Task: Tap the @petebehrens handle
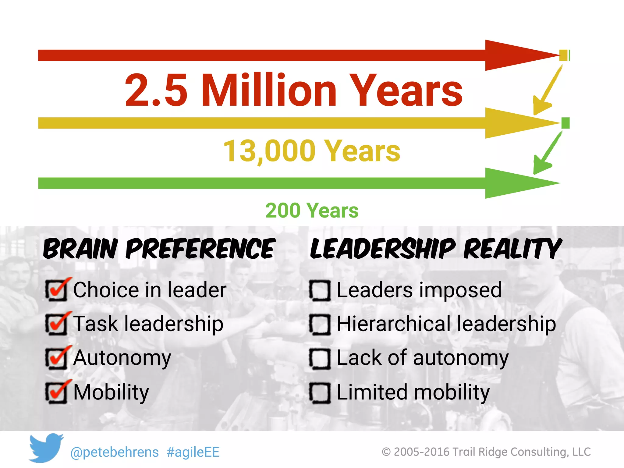(x=115, y=452)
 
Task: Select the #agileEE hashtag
(x=193, y=452)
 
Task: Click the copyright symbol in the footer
(x=386, y=452)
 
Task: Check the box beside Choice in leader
(x=56, y=290)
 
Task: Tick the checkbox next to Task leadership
(x=56, y=324)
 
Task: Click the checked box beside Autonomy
(x=56, y=358)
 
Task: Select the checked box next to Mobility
(x=56, y=393)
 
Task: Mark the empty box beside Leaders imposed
(x=320, y=291)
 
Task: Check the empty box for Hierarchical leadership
(x=320, y=325)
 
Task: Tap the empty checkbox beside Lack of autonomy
(x=320, y=359)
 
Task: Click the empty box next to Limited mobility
(x=320, y=393)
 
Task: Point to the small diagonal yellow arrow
(x=546, y=91)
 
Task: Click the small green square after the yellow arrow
(x=565, y=123)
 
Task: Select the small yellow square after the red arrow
(x=563, y=55)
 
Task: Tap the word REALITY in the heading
(x=512, y=249)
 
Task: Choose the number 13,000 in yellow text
(x=269, y=151)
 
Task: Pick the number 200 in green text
(x=283, y=211)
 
